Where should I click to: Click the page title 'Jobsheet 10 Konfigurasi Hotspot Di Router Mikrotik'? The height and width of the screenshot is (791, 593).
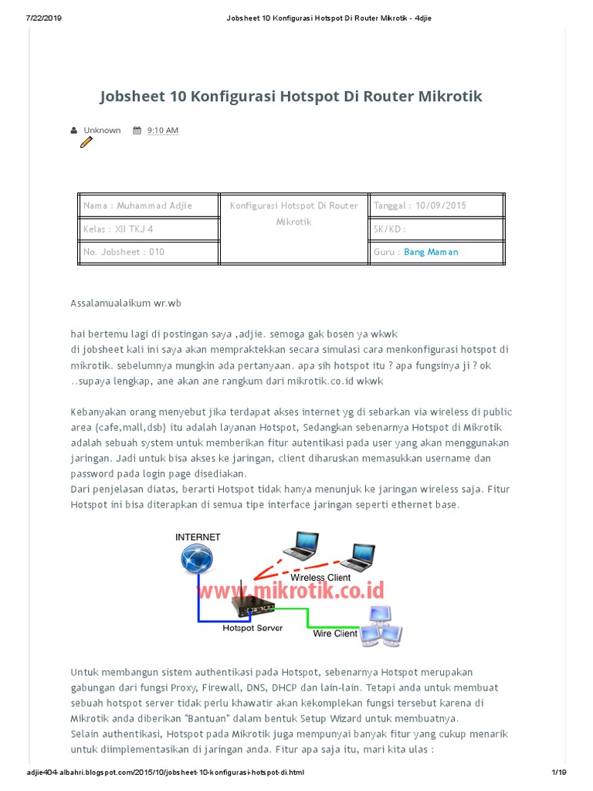point(290,97)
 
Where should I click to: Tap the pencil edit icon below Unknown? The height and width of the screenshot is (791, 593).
point(86,142)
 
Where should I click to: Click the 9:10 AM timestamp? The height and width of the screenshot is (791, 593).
point(162,131)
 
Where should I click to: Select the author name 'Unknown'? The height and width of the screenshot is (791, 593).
point(102,131)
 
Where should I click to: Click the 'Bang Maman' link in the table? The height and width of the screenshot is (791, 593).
point(431,252)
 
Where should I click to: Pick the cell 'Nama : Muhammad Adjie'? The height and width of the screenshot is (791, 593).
point(138,205)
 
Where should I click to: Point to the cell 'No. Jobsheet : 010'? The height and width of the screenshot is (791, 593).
point(124,252)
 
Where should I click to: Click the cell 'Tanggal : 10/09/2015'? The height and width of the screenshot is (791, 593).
point(420,205)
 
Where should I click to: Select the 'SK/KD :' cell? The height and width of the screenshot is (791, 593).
point(390,229)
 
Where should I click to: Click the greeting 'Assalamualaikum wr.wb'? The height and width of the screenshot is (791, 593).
point(127,304)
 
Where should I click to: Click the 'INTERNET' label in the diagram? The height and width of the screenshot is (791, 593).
point(198,537)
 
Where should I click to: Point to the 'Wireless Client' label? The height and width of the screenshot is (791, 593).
point(320,577)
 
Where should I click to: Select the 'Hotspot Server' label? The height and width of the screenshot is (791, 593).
point(252,628)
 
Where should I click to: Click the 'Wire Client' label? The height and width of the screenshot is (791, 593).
point(334,633)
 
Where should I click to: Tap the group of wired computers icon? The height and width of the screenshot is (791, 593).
point(383,625)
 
